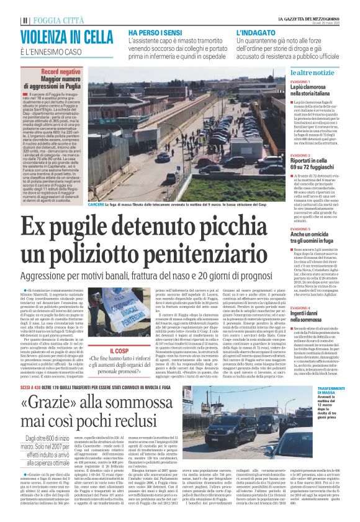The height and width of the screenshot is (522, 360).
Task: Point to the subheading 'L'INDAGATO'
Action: pos(255,31)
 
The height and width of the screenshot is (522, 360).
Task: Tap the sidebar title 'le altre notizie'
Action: pos(316,73)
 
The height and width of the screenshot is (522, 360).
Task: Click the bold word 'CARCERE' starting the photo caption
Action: pos(97,204)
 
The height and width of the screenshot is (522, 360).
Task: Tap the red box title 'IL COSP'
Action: pos(117,351)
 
